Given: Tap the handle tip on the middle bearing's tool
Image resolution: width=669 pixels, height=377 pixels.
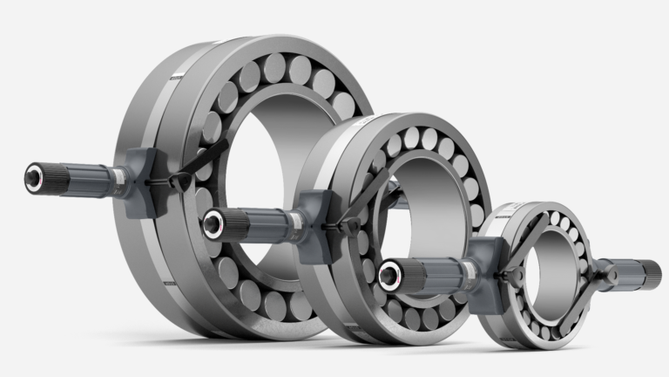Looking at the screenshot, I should [211, 223].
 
